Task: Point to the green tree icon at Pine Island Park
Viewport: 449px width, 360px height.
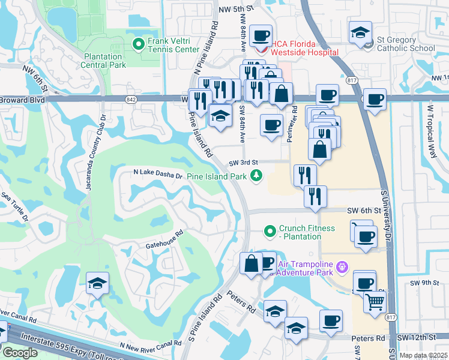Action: [x=256, y=176]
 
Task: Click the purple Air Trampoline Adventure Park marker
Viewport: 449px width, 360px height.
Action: [x=342, y=265]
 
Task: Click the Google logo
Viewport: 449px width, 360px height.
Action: [x=20, y=352]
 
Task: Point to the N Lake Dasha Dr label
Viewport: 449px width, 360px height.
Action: [x=157, y=175]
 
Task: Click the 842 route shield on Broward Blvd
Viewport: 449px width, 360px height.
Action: [x=130, y=99]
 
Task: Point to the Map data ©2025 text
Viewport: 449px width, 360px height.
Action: [x=423, y=355]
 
